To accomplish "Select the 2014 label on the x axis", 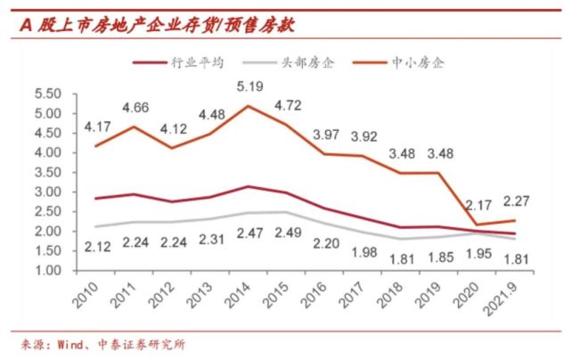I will [x=240, y=304].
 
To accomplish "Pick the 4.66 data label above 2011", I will [x=135, y=109].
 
